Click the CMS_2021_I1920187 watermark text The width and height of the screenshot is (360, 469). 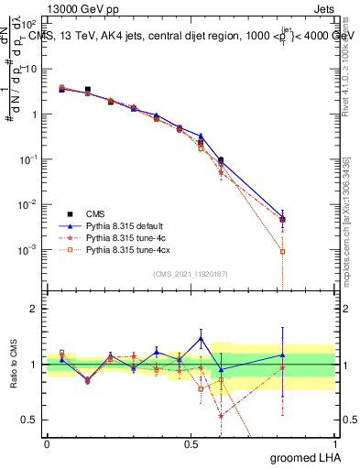(191, 275)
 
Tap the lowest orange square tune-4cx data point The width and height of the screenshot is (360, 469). (283, 251)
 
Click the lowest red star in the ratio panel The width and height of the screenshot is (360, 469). (221, 416)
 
